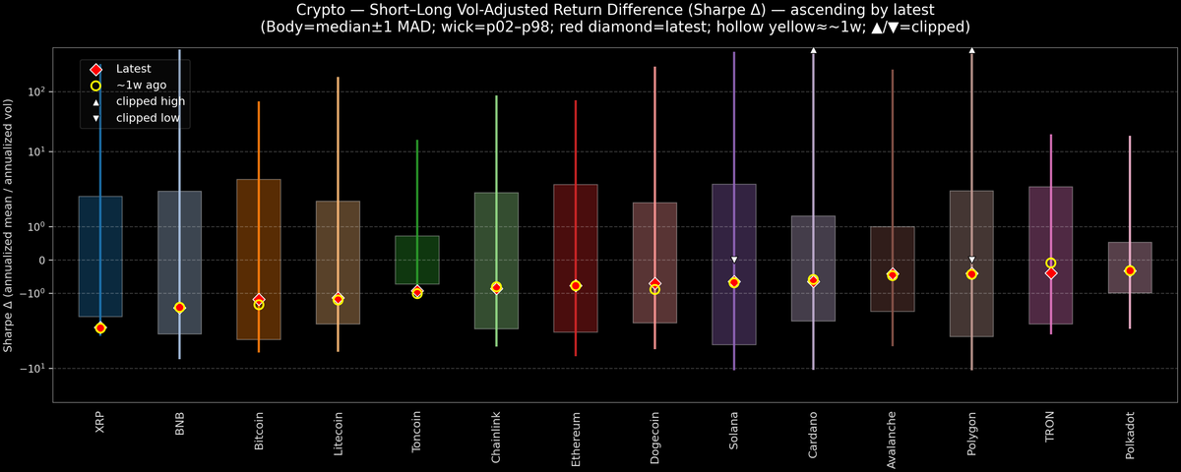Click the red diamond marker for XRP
(100, 327)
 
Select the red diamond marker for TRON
(1051, 273)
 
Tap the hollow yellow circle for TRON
(1051, 263)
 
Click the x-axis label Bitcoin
(259, 432)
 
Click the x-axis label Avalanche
(893, 439)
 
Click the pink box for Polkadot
(1130, 255)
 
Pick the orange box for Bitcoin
(259, 226)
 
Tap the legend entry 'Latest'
(133, 69)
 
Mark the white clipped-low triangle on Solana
(734, 260)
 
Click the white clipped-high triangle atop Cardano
(814, 49)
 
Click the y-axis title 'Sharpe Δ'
(9, 226)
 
